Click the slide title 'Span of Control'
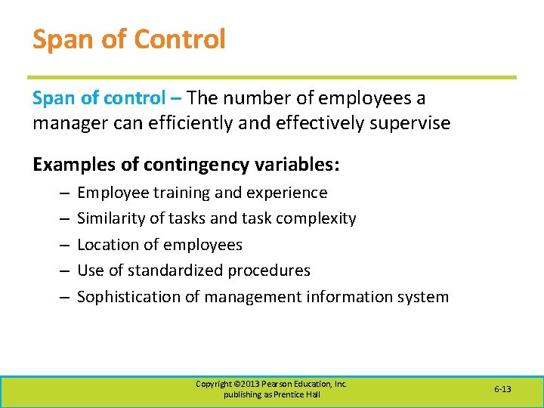coord(128,39)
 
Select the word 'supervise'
coord(415,123)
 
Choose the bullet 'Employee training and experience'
coord(202,193)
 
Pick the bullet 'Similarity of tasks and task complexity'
coord(216,218)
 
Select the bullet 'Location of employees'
coord(159,245)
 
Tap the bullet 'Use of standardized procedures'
coord(193,270)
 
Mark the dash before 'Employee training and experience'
coord(61,193)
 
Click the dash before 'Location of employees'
coord(61,246)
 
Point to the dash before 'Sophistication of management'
coord(61,298)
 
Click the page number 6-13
coord(502,389)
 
